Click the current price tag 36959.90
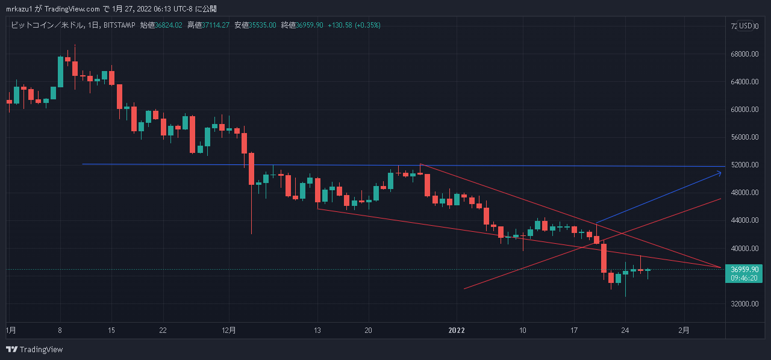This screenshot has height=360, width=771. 744,270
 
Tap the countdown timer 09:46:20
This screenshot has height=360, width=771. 744,279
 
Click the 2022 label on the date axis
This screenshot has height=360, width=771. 457,330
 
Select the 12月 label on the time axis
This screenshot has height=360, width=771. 229,330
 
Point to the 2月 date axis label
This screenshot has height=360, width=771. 684,330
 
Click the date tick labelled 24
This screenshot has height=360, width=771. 625,330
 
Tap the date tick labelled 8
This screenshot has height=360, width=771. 59,330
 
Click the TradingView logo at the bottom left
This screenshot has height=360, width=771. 34,349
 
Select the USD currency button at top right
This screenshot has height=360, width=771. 747,26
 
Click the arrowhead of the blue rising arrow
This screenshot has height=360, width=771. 719,173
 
